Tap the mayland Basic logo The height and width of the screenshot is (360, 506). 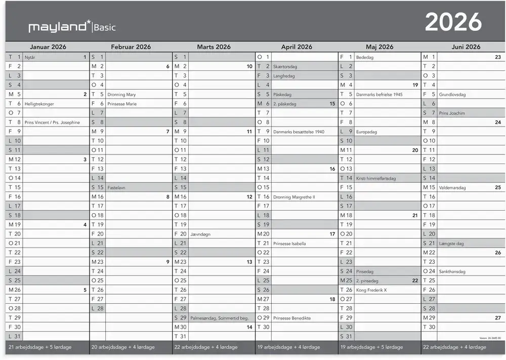pos(72,27)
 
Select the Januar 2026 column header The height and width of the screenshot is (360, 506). pos(48,47)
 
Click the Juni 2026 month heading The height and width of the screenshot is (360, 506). pos(466,47)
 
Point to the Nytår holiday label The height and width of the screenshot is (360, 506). pos(30,58)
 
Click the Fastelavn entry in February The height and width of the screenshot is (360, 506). pos(117,187)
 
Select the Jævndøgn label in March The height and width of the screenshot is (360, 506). pos(200,234)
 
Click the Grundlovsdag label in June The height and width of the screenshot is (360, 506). pos(452,95)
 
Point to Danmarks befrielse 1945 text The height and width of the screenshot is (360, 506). pos(379,95)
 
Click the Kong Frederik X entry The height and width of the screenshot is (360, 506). pos(371,290)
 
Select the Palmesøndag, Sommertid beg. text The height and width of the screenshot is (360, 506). pos(219,318)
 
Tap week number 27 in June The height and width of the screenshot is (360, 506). pos(498,318)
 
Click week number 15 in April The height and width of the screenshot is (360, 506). pos(332,104)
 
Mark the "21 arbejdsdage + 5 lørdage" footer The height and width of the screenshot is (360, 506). pos(39,347)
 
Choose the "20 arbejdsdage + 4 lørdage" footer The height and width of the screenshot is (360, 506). pos(122,347)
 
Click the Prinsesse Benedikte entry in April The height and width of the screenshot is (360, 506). pos(291,318)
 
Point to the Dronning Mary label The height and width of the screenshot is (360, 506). pos(121,95)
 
